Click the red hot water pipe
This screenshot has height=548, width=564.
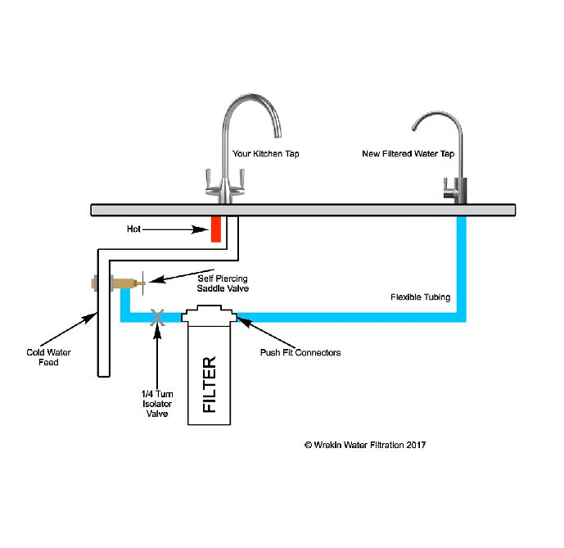(216, 229)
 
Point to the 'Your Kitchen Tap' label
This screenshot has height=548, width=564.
(265, 153)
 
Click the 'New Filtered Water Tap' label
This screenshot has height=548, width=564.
(408, 153)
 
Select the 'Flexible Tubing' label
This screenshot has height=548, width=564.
(421, 297)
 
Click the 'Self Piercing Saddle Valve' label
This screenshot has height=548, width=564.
(222, 283)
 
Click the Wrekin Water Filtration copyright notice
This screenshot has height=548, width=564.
(365, 445)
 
